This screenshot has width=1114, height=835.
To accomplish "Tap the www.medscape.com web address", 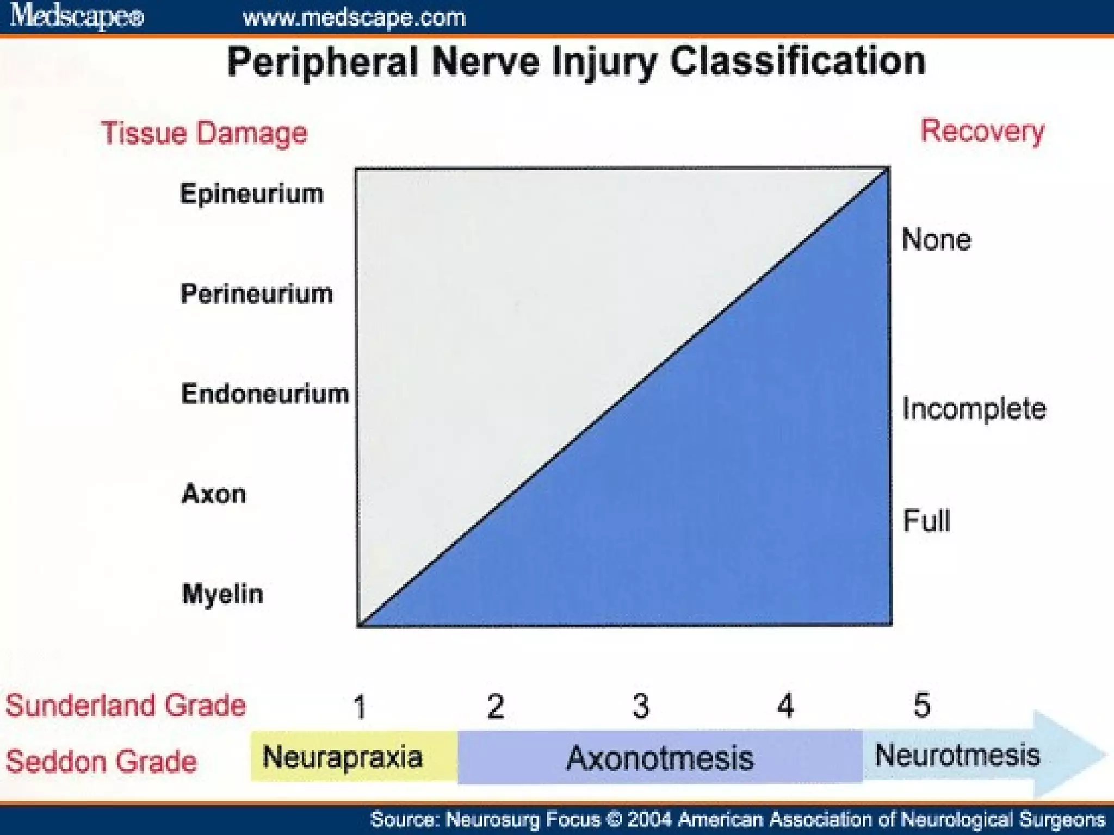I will (x=354, y=18).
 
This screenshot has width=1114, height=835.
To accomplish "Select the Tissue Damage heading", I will (x=205, y=133).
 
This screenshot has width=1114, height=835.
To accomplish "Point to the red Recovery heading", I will (x=982, y=132).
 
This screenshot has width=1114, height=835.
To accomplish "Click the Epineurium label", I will (x=252, y=194).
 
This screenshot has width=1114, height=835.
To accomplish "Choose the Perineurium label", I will (x=257, y=294).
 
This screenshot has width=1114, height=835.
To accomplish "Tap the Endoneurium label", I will (x=265, y=394).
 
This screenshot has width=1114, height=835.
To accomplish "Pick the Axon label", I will (x=214, y=494).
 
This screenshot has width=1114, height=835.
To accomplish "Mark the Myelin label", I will (x=222, y=594).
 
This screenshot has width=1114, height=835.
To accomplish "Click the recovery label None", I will (x=936, y=240).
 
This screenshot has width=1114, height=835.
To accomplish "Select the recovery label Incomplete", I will (x=974, y=409).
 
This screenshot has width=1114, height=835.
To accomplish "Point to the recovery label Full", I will (x=926, y=520).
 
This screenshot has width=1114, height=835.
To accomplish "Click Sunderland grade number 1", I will (x=360, y=707).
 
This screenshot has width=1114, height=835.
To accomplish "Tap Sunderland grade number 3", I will (x=641, y=706).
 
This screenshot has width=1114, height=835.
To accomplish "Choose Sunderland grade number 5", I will (x=921, y=705).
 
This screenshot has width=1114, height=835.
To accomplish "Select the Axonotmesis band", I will (x=660, y=757).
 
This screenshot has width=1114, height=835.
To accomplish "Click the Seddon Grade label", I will (x=102, y=761).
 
